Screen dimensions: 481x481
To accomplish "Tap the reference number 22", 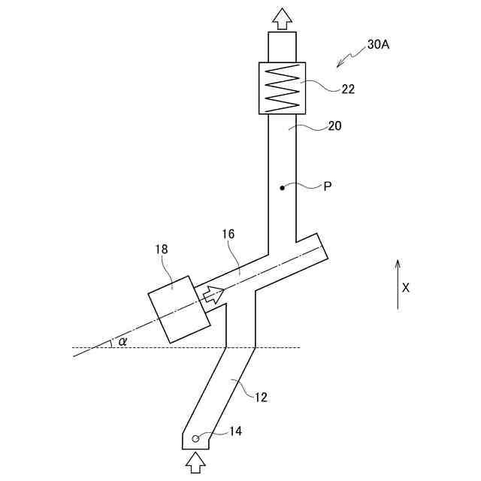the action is click(x=348, y=89).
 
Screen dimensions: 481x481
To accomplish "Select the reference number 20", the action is click(x=334, y=126).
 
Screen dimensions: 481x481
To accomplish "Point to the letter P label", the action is click(x=328, y=186).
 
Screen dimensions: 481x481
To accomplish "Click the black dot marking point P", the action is click(x=283, y=186).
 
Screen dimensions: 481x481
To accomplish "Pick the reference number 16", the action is click(x=228, y=234).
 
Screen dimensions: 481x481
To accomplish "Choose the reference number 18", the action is click(x=162, y=249).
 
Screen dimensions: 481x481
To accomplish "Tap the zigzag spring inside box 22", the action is click(x=283, y=86).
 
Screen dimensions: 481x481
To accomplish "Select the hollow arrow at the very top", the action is click(x=283, y=18).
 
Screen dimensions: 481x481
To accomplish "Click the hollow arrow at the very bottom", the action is click(x=195, y=461).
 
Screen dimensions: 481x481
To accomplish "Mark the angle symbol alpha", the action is click(x=123, y=342).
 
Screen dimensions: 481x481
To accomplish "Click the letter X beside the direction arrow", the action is click(x=406, y=287).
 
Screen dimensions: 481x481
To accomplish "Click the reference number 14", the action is click(x=236, y=431).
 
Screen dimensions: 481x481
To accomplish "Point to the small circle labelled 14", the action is click(x=195, y=438).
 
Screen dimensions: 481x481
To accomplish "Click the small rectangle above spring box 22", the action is click(x=283, y=47).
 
